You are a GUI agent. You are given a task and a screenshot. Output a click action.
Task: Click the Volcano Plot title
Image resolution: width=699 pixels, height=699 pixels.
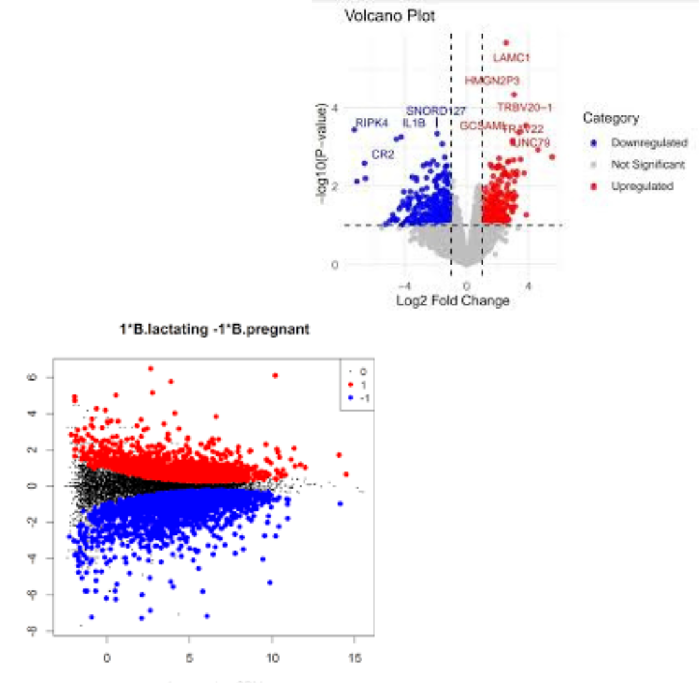coord(389,16)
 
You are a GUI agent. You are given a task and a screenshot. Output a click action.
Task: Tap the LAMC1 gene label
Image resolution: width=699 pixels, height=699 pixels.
coord(511,58)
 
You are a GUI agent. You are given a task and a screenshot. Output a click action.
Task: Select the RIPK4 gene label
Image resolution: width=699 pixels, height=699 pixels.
coord(372,122)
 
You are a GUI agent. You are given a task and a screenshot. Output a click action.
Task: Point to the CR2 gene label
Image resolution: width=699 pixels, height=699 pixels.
coord(383,154)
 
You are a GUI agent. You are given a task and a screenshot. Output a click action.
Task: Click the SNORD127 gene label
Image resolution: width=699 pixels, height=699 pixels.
coord(436,111)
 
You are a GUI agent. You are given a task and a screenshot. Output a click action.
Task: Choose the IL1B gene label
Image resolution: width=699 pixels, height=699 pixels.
coord(414,122)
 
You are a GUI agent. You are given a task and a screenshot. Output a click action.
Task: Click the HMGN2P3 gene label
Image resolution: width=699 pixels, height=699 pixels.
coord(492,81)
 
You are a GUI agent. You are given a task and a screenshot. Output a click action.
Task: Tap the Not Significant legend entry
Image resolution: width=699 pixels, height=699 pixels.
coord(647,164)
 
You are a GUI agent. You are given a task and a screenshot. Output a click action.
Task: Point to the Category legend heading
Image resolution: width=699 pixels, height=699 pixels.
coord(610,118)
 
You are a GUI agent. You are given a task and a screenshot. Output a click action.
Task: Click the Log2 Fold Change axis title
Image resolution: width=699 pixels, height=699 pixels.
coord(452,300)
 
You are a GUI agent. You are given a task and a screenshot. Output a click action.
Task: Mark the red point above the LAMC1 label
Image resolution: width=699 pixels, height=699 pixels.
coord(506,43)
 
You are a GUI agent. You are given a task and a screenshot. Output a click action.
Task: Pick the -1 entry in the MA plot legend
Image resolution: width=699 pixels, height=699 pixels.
coord(363,397)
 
